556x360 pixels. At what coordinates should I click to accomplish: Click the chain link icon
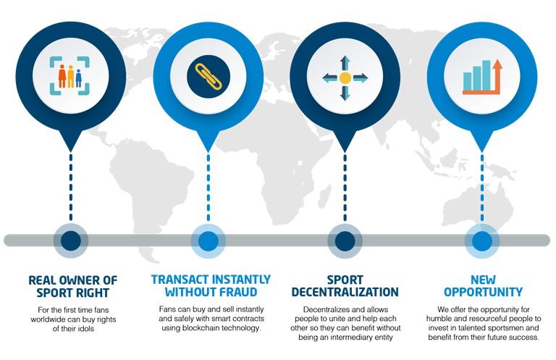[x=208, y=76]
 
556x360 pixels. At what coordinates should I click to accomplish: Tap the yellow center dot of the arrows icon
[x=345, y=78]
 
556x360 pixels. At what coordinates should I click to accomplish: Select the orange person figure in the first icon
[x=62, y=76]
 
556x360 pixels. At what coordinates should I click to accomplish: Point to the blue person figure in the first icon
[x=79, y=78]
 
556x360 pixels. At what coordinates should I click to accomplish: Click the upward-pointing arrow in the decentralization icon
[x=345, y=63]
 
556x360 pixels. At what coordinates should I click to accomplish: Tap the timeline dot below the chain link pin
[x=208, y=240]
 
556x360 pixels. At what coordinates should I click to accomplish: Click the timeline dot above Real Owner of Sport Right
[x=71, y=240]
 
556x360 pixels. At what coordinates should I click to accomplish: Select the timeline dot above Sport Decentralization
[x=345, y=240]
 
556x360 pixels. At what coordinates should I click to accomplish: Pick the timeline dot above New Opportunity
[x=482, y=240]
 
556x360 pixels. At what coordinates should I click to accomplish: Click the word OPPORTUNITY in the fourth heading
[x=484, y=292]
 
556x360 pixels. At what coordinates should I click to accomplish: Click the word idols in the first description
[x=86, y=329]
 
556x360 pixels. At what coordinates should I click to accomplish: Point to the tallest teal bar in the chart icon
[x=486, y=75]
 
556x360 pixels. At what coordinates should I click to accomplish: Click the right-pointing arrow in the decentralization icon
[x=361, y=78]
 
